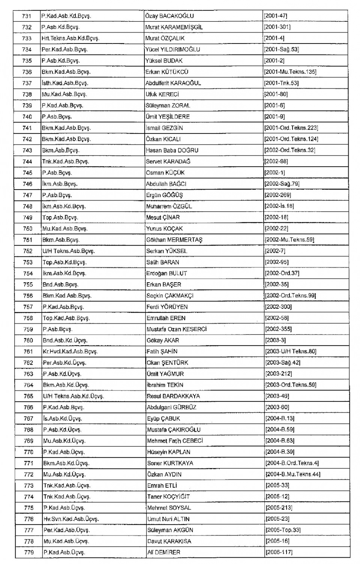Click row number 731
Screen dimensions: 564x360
tap(27, 16)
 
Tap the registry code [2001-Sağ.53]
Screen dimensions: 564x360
tap(282, 49)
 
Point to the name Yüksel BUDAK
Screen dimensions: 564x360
tap(164, 61)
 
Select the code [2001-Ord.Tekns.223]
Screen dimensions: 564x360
tap(291, 128)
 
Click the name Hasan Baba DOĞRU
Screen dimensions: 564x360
tap(172, 150)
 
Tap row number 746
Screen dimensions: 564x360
tap(27, 184)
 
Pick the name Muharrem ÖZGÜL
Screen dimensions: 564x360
tap(169, 206)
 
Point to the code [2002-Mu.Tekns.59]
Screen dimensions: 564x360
tap(289, 240)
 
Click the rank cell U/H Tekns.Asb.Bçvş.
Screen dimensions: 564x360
tap(69, 251)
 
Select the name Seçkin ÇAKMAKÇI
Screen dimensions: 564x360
tap(170, 296)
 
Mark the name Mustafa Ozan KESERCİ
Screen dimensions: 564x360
tap(177, 329)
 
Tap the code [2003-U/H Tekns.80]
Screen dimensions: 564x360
tap(291, 352)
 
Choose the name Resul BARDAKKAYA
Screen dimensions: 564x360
tap(173, 396)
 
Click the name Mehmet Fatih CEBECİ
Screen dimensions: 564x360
tap(175, 441)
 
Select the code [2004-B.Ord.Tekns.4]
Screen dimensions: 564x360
tap(292, 463)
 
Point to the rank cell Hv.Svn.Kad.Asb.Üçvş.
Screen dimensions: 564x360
tap(71, 519)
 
